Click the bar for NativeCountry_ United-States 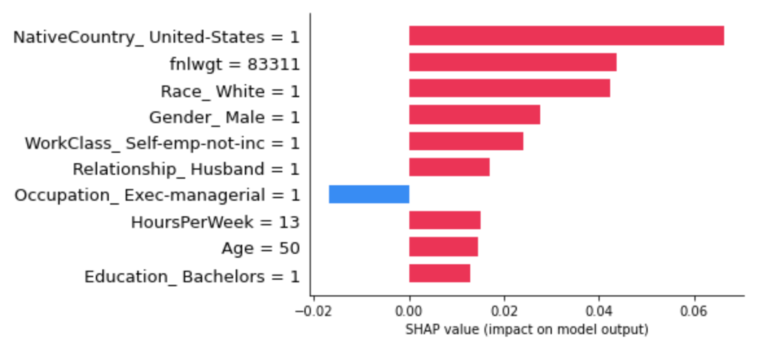click(x=566, y=36)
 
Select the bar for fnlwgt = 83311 click(x=512, y=62)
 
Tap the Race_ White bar click(x=509, y=88)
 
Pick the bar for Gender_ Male click(x=474, y=115)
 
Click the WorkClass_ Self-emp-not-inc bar click(x=466, y=141)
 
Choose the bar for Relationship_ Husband click(x=449, y=167)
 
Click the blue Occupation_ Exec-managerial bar click(x=369, y=194)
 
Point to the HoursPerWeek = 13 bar click(x=444, y=220)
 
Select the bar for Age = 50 click(x=443, y=247)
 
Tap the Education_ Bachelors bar click(x=439, y=273)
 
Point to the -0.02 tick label click(x=313, y=311)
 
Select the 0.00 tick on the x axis click(x=409, y=311)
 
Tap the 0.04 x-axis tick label click(x=600, y=311)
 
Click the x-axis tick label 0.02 click(x=505, y=311)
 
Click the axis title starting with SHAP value click(x=527, y=330)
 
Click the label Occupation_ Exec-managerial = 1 click(x=157, y=196)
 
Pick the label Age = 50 click(x=260, y=249)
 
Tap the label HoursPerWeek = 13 click(x=215, y=222)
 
